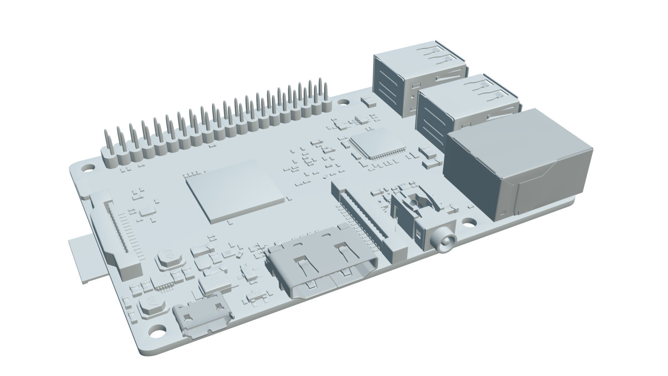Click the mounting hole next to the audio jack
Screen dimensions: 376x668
click(x=470, y=221)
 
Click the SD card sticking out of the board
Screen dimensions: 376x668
click(x=85, y=259)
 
